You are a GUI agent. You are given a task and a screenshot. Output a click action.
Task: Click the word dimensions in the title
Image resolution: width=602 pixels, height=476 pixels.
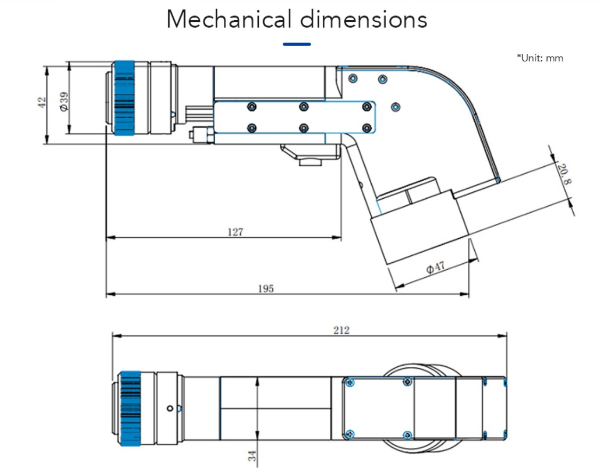(x=363, y=20)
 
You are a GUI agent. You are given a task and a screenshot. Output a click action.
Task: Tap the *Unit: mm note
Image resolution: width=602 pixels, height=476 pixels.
(x=539, y=58)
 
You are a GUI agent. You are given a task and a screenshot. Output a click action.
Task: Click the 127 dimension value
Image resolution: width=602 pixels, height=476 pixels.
(x=235, y=232)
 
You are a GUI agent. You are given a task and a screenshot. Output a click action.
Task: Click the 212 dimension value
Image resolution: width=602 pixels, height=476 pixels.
(x=341, y=330)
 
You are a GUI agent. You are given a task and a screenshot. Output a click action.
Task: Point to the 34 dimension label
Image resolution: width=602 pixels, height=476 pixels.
(x=252, y=456)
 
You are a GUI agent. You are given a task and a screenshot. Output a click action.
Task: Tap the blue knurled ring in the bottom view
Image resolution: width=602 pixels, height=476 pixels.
(x=131, y=408)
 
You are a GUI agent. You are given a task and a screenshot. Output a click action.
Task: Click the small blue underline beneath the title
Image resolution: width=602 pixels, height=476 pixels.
(x=297, y=44)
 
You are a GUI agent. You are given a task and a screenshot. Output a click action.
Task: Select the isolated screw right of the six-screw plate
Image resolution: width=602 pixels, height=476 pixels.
(x=395, y=107)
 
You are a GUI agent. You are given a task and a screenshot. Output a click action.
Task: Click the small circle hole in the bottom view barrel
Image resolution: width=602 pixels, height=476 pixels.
(x=170, y=409)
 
